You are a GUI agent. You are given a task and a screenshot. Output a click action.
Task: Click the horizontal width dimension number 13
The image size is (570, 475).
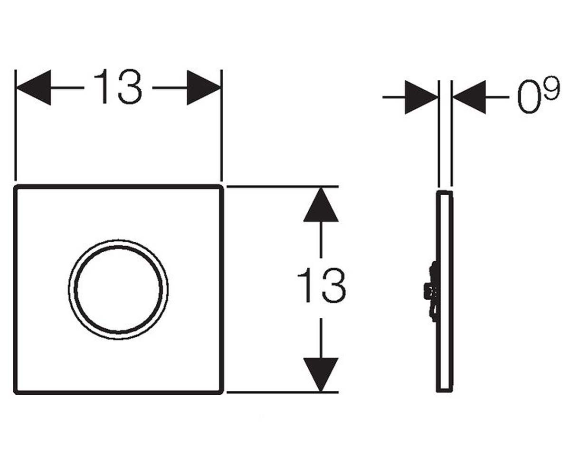pos(118,86)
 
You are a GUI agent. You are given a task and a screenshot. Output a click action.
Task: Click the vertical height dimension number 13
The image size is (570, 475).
pos(322,285)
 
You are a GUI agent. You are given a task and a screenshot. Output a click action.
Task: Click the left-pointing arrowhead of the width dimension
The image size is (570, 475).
pos(34,87)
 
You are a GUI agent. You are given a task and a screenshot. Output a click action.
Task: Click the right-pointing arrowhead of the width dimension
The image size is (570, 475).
pos(204,87)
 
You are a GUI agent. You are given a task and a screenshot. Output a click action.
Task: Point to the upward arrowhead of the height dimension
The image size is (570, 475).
pos(321,204)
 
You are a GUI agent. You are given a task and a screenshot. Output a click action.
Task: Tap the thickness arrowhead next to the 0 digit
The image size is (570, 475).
pos(469,97)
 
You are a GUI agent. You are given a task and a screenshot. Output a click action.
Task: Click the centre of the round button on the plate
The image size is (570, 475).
pos(118,290)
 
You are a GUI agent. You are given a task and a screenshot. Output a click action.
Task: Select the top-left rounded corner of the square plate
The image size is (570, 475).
pos(16,187)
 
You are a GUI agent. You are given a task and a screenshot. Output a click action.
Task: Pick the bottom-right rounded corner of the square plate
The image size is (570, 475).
pos(221,392)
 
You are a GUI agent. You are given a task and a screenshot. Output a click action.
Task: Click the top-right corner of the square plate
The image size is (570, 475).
pos(221,187)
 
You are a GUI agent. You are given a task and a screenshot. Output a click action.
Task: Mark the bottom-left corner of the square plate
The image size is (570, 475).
pos(16,392)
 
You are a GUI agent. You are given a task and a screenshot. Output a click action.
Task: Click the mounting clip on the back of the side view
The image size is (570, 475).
pos(431,291)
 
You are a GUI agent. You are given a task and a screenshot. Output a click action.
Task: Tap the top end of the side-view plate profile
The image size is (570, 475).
pos(445,192)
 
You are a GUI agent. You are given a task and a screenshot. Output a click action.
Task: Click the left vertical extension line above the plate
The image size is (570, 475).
pos(16,125)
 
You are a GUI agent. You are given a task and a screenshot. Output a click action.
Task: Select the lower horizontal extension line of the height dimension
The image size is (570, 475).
pos(283,392)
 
